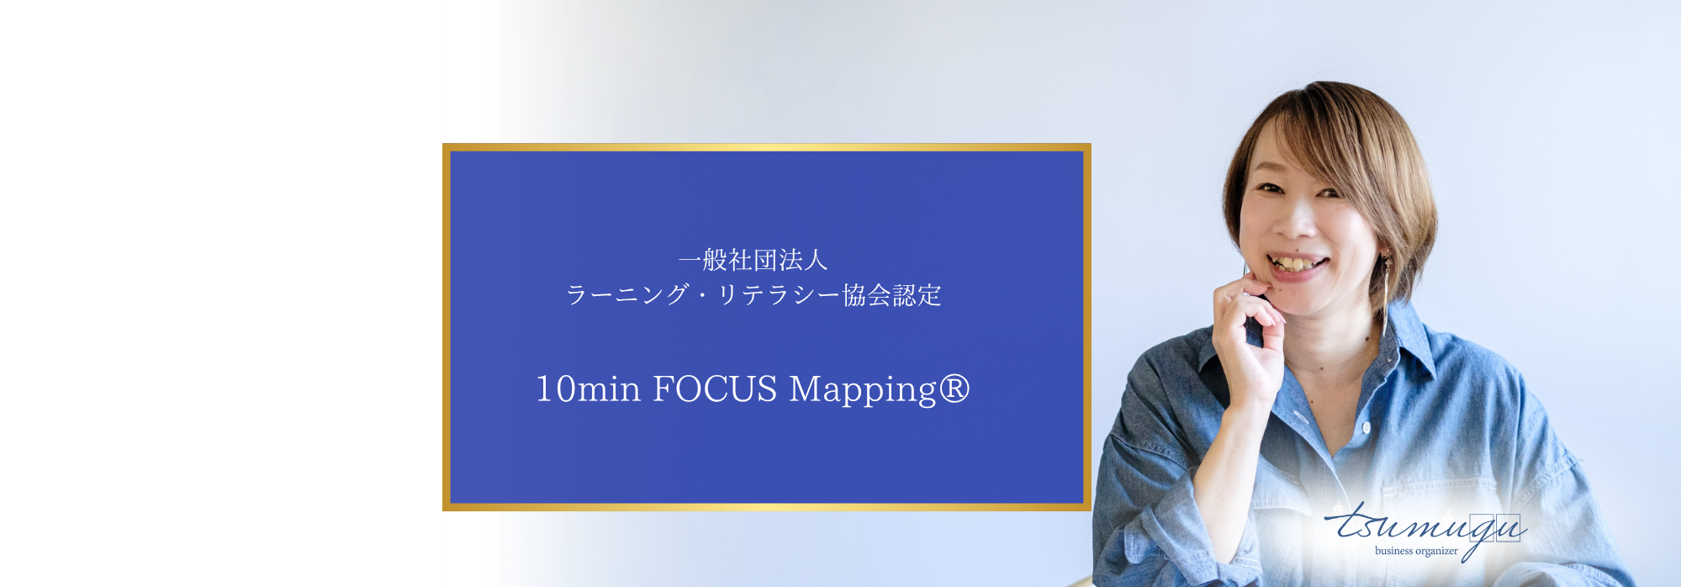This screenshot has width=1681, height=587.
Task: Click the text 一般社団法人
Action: pyautogui.click(x=753, y=260)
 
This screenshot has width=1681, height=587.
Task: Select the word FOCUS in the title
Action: pyautogui.click(x=715, y=389)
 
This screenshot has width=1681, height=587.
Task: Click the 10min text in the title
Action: pyautogui.click(x=589, y=389)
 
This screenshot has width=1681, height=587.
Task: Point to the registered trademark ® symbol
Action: pyautogui.click(x=954, y=388)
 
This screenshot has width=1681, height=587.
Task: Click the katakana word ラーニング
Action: pyautogui.click(x=627, y=294)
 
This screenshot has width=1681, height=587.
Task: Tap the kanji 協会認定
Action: pyautogui.click(x=891, y=294)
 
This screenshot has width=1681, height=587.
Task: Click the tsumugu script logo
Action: pyautogui.click(x=1426, y=527)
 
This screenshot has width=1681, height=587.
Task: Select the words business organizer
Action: pyautogui.click(x=1416, y=551)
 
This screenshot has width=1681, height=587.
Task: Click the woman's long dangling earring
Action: pyautogui.click(x=1385, y=294)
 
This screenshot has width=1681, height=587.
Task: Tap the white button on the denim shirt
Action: pyautogui.click(x=1367, y=428)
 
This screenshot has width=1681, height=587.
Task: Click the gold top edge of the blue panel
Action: pyautogui.click(x=767, y=147)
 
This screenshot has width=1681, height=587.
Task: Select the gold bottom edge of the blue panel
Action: pyautogui.click(x=767, y=507)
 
